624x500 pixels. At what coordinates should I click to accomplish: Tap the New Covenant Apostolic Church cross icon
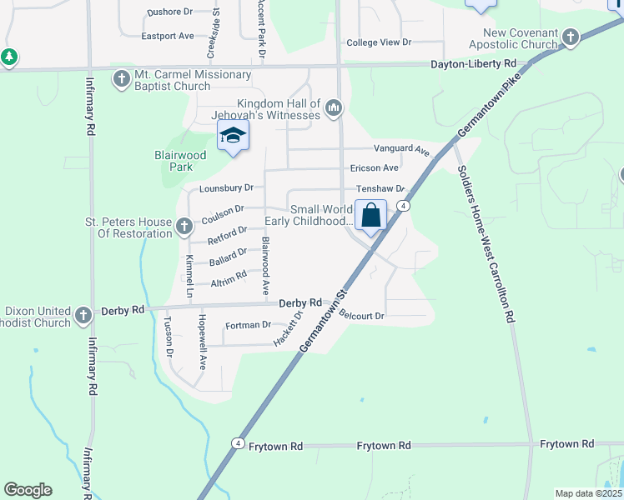click(571, 37)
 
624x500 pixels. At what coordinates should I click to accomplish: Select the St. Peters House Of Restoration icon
click(184, 223)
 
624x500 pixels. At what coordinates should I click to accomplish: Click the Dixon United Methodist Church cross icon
click(83, 316)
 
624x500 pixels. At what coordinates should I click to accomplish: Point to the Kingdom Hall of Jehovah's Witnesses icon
click(334, 107)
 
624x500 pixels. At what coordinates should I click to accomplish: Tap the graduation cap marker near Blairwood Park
click(234, 136)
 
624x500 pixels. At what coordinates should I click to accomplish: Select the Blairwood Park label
click(180, 161)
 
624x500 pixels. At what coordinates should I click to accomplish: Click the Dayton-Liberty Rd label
click(474, 64)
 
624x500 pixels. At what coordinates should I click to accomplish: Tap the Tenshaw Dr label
click(380, 189)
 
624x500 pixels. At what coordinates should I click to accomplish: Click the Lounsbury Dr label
click(226, 189)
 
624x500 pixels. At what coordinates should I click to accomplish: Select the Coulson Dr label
click(223, 211)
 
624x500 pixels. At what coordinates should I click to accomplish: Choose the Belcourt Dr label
click(361, 315)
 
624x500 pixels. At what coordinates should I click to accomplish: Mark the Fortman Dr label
click(249, 325)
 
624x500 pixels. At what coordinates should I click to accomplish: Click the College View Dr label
click(379, 42)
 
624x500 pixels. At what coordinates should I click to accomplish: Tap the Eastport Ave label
click(167, 36)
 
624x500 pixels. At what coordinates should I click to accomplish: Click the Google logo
click(28, 490)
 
